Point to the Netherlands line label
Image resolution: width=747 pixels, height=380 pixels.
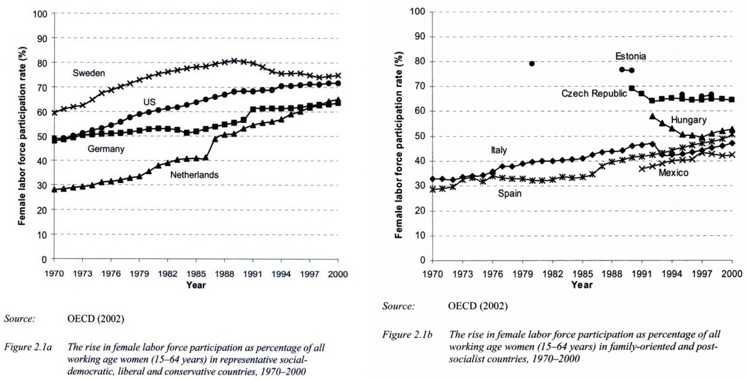[194, 175]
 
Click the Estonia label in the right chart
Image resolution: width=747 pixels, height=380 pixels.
[631, 56]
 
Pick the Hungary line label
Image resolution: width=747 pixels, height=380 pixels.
[689, 120]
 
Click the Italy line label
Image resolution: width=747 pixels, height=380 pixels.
[498, 150]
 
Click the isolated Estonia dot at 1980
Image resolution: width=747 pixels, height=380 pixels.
[531, 63]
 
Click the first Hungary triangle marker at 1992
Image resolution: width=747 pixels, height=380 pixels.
[652, 116]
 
